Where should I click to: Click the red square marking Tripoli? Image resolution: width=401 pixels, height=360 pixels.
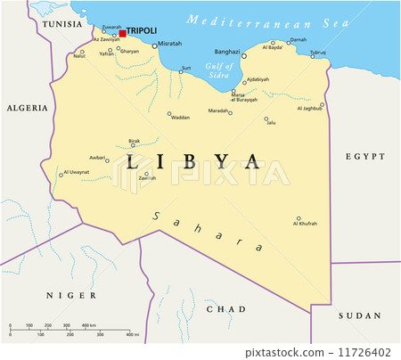tap(123, 32)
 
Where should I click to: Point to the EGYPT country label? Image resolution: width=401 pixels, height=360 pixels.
tap(364, 156)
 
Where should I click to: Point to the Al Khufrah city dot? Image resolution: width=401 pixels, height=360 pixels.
tap(299, 217)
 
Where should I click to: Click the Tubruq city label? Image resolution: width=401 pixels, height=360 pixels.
tap(318, 53)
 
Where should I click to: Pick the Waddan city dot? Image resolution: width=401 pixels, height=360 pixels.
tap(168, 112)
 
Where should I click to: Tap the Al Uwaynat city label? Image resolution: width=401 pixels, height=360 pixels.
tap(77, 171)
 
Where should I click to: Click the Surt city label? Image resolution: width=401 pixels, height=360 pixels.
tap(185, 68)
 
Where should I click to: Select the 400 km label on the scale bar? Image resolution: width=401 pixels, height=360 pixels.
tap(89, 325)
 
